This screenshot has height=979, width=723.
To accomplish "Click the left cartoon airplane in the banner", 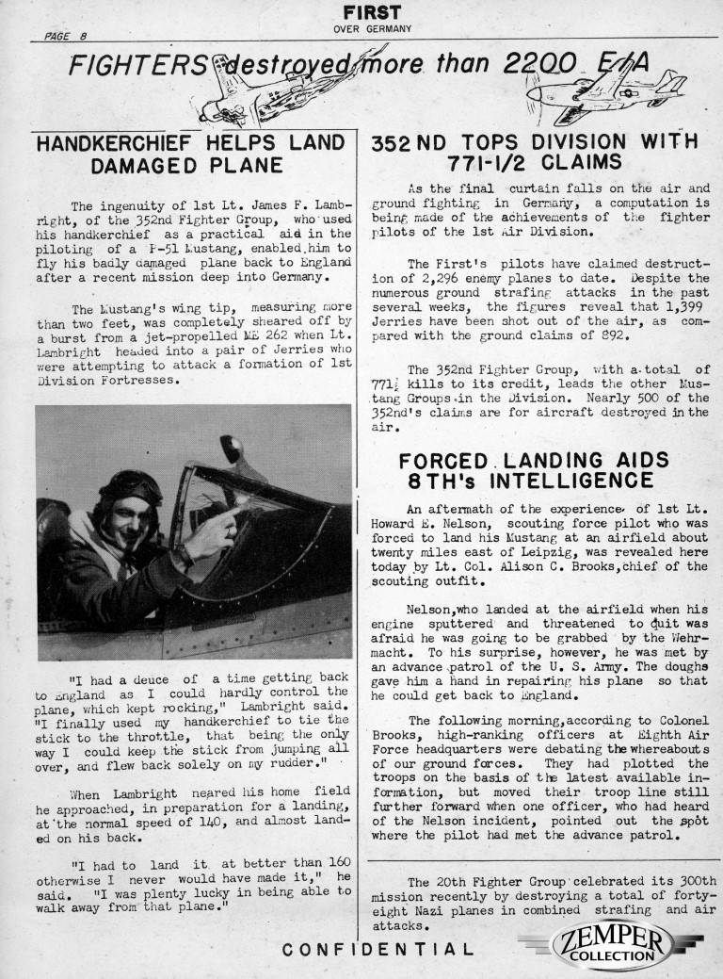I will pos(243,90).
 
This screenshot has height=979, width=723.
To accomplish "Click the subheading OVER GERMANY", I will pos(373,28).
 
